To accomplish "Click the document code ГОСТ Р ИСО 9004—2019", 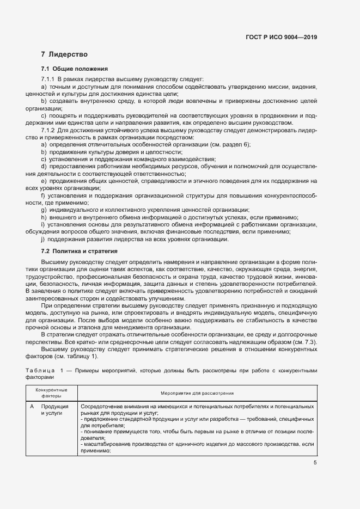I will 281,38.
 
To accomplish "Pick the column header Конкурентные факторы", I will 52,393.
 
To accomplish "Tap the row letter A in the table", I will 32,407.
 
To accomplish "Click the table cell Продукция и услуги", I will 54,410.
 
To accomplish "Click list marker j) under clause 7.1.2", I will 43,240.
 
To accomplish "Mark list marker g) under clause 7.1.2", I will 44,210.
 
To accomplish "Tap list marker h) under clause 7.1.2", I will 44,217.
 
